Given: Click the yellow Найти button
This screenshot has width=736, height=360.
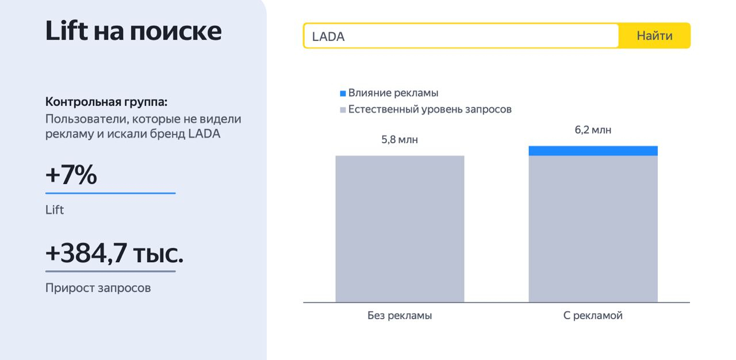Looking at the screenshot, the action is pyautogui.click(x=654, y=36).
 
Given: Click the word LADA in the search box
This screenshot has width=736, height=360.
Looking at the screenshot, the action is pyautogui.click(x=328, y=36).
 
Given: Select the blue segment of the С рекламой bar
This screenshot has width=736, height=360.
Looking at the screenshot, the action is pyautogui.click(x=593, y=151).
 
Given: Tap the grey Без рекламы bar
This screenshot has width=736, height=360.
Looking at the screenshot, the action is pyautogui.click(x=400, y=229).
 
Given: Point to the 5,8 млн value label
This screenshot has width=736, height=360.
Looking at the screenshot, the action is pyautogui.click(x=400, y=140).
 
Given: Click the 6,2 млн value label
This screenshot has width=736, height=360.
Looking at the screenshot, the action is pyautogui.click(x=593, y=130).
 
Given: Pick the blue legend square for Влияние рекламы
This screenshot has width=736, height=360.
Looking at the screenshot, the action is pyautogui.click(x=343, y=94).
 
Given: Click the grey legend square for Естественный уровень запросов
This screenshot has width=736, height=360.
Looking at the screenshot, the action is pyautogui.click(x=343, y=110).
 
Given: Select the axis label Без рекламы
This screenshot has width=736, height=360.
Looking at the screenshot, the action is pyautogui.click(x=400, y=315).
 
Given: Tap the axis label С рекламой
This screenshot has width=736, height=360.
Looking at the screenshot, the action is pyautogui.click(x=593, y=315).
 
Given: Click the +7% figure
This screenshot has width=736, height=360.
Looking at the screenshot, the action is pyautogui.click(x=71, y=174).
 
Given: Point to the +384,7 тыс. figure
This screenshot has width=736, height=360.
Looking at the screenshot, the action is pyautogui.click(x=114, y=253).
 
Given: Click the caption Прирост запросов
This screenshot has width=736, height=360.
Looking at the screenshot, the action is pyautogui.click(x=98, y=288).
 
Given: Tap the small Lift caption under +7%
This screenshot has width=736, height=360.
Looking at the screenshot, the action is pyautogui.click(x=55, y=209).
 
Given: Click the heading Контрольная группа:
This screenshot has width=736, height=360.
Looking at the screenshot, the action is pyautogui.click(x=106, y=102).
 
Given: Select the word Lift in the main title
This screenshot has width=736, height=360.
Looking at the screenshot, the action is pyautogui.click(x=67, y=30).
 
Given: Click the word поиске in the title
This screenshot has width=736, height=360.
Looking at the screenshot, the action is pyautogui.click(x=176, y=32).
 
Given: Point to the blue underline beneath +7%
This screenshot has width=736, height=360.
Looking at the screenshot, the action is pyautogui.click(x=110, y=193).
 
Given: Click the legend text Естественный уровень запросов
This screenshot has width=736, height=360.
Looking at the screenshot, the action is pyautogui.click(x=430, y=109).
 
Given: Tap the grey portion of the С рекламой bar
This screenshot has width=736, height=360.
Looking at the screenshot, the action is pyautogui.click(x=593, y=229).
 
